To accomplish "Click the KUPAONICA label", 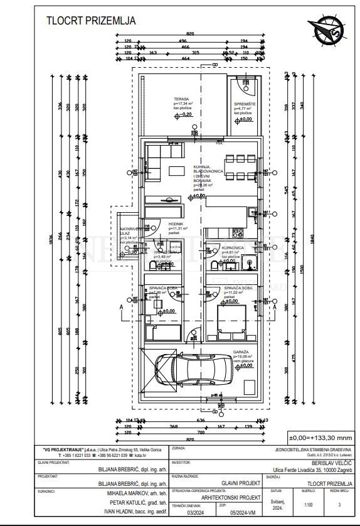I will tap(233, 249).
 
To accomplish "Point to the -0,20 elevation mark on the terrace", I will tap(186, 114).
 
